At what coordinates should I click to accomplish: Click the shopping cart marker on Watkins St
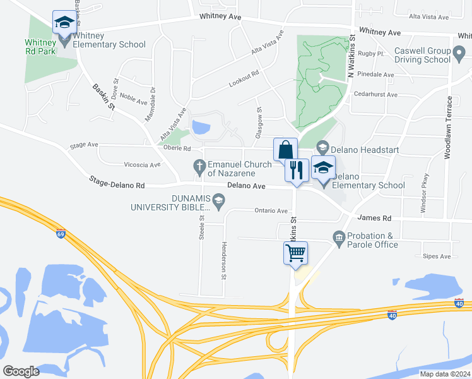pos(295,253)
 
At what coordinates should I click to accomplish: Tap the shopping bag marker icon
pos(285,150)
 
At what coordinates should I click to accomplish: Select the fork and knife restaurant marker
pos(297,169)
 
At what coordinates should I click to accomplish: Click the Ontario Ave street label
pos(271,211)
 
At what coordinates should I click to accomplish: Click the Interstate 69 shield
pos(61,233)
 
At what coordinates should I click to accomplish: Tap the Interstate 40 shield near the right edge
pos(459,304)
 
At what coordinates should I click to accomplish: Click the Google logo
pos(21,371)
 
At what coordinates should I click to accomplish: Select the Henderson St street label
pos(224,260)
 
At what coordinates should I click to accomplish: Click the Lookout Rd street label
pos(244,75)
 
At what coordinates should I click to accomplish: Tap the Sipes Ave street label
pos(437,256)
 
